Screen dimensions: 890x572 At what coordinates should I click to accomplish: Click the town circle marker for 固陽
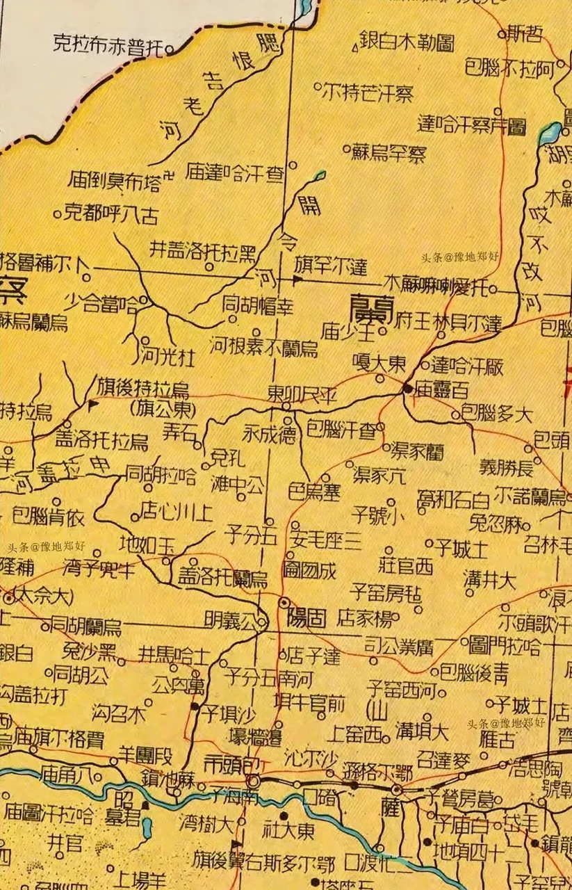pos(284,602)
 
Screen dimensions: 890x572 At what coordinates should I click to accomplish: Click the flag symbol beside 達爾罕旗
pos(297,280)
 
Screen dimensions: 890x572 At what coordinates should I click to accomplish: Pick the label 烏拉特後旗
pos(142,388)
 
